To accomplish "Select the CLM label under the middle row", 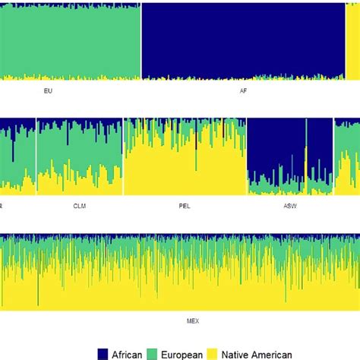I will [79, 205].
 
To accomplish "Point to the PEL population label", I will [185, 205].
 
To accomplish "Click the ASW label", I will [291, 205].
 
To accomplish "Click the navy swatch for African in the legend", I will [103, 352].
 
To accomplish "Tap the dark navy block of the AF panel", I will [243, 38].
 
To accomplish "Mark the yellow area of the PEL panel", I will [185, 171].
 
